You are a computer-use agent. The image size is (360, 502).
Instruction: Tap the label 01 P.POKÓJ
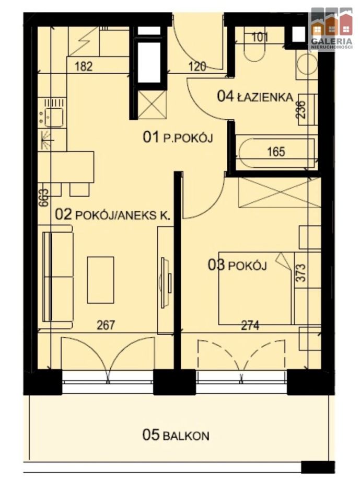[180, 138]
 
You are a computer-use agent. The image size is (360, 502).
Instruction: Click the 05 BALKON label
[176, 435]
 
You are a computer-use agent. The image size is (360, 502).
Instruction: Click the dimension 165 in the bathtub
[276, 152]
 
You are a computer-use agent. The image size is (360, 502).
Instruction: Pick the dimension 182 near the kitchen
[85, 66]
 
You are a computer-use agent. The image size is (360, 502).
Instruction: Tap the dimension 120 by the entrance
[197, 66]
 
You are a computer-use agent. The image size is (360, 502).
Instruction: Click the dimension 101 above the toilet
[260, 37]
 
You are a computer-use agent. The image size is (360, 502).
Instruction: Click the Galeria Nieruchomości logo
[331, 29]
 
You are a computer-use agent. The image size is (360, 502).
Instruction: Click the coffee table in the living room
[100, 279]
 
